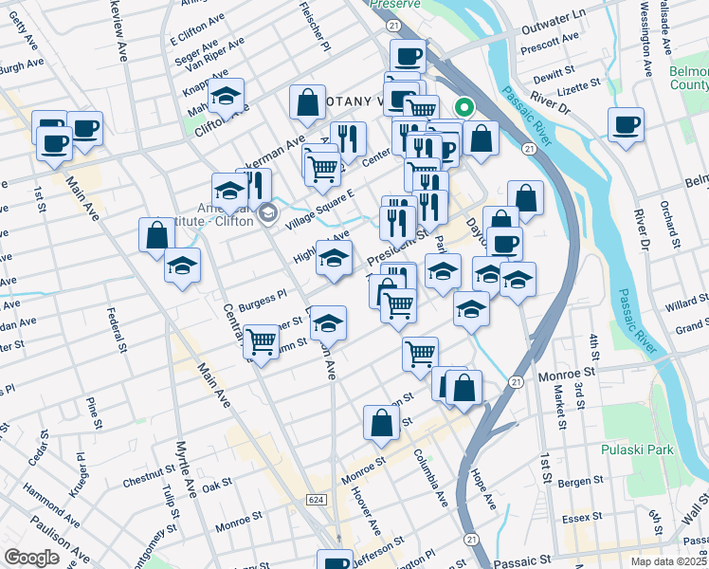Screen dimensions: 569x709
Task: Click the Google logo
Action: pos(31,558)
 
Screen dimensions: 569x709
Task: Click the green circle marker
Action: pos(464,107)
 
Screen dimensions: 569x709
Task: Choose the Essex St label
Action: pos(608,520)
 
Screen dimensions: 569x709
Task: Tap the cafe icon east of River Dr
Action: pos(627,124)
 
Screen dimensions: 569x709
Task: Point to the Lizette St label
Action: pos(580,83)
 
